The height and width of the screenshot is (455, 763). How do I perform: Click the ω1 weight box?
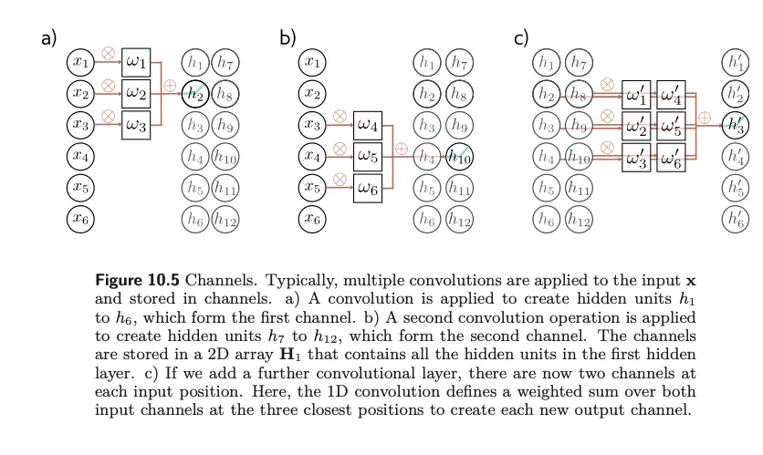[135, 63]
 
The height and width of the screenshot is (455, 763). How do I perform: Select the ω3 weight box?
[135, 124]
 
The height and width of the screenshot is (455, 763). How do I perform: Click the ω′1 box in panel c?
[635, 94]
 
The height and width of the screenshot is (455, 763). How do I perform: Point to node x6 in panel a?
[81, 218]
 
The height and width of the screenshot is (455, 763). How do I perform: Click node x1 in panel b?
[313, 63]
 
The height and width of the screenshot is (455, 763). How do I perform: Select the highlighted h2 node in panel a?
[194, 93]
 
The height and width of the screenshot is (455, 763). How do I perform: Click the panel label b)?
[288, 37]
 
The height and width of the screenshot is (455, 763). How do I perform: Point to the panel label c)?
[522, 37]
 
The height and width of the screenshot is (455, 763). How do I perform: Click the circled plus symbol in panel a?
[169, 86]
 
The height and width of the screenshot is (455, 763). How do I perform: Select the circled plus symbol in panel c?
[704, 118]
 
